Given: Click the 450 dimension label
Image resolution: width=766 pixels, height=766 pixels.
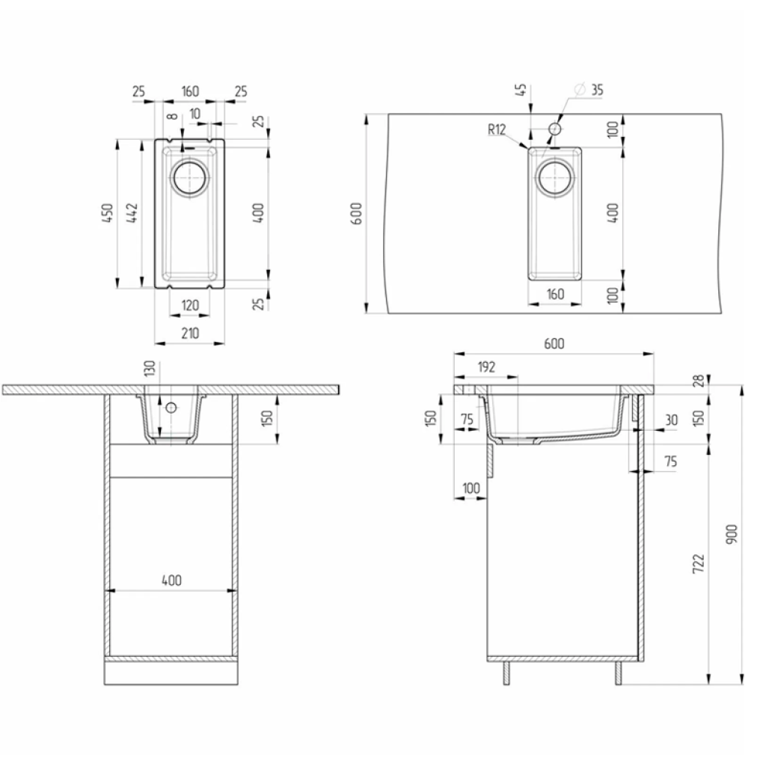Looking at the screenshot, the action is point(108,213).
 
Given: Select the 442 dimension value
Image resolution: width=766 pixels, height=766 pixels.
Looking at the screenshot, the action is point(132,213).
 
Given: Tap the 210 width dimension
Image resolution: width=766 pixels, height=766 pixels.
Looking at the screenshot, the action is point(190,334).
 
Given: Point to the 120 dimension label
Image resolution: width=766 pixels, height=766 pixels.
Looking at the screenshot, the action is point(190,306).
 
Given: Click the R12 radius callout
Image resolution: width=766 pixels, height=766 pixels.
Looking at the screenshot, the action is point(497,129).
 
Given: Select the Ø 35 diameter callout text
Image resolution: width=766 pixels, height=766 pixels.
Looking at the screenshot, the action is point(590,90).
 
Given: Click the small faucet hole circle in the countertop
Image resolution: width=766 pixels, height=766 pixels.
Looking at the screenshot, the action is point(554,129).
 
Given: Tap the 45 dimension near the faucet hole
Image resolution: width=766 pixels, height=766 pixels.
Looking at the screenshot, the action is point(521,90).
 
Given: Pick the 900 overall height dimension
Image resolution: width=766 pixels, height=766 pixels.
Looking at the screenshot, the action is point(732,535).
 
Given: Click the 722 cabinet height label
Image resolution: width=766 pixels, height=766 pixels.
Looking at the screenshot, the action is point(699,564).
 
